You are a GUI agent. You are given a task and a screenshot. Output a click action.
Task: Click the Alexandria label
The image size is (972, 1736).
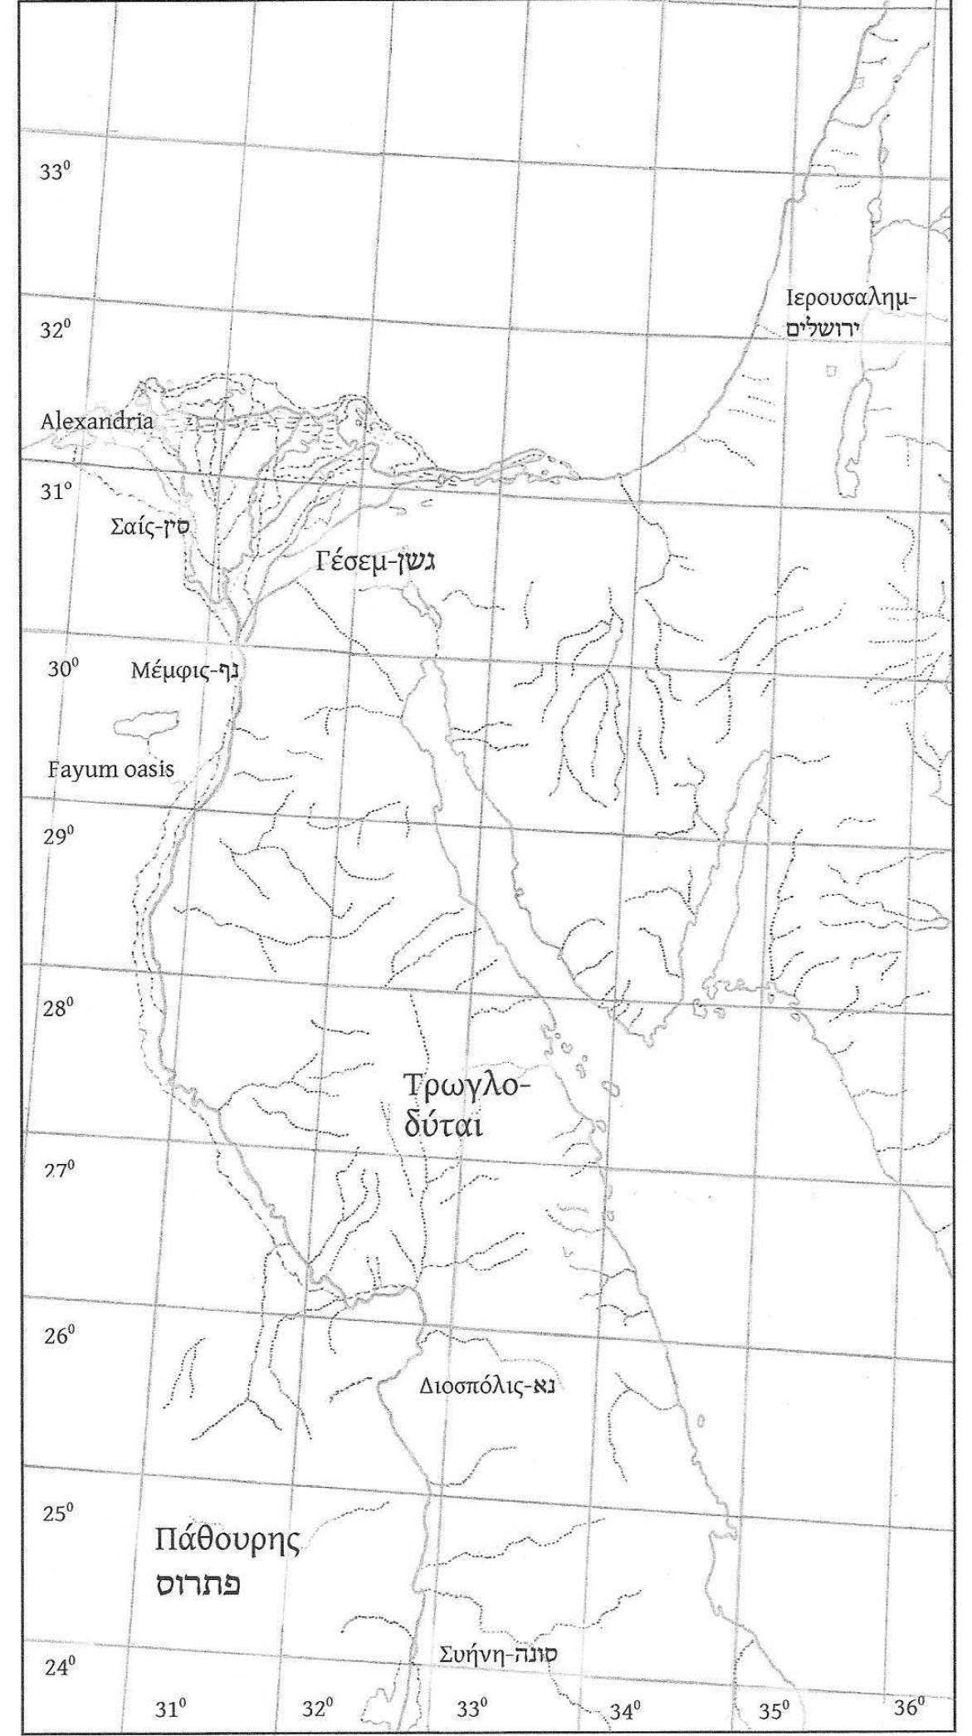tap(97, 421)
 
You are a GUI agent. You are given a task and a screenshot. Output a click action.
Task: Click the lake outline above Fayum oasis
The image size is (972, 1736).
tap(145, 724)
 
